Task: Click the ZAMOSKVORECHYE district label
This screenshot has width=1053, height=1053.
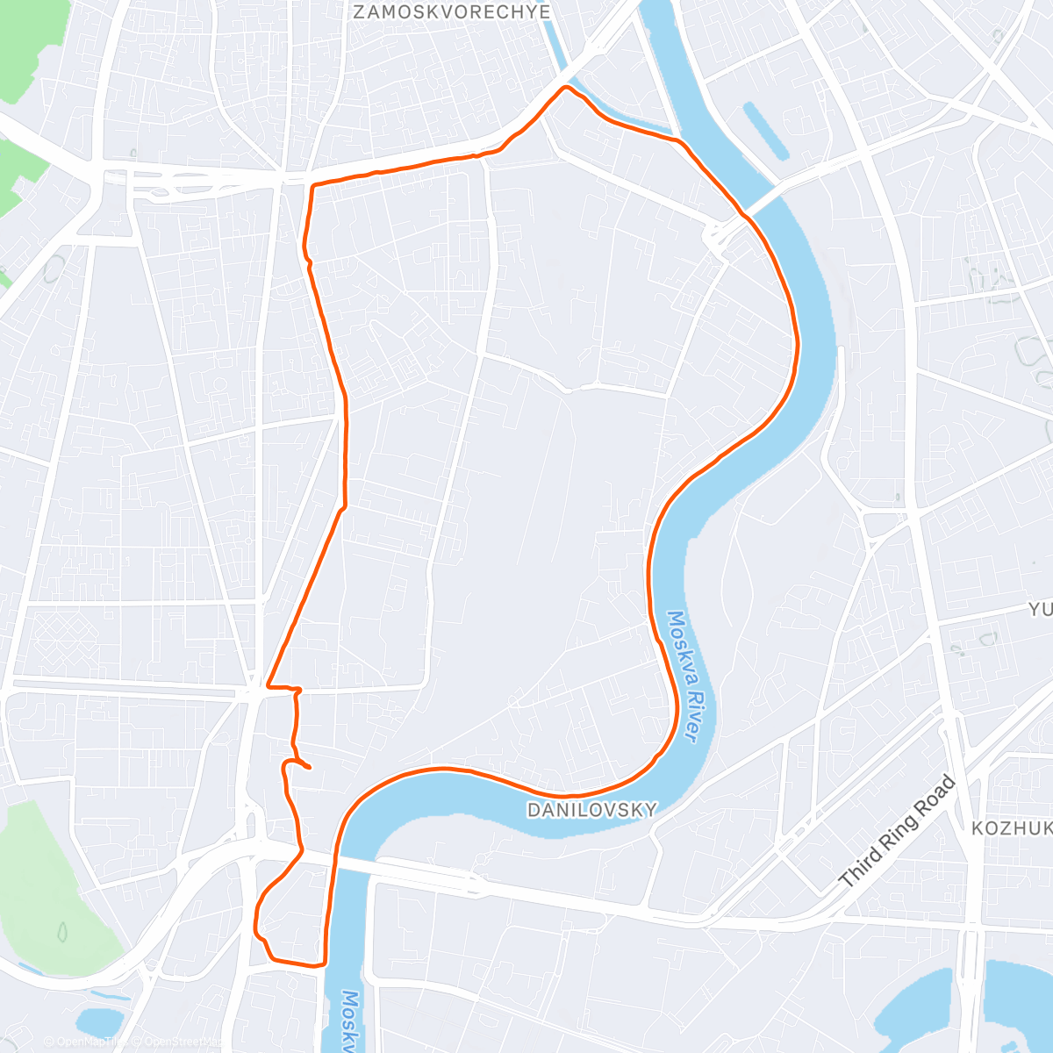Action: click(451, 12)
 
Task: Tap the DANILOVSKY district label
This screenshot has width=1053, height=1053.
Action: click(591, 810)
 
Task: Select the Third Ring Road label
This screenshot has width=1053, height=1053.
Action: click(896, 830)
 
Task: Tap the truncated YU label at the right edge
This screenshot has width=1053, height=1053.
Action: click(1040, 609)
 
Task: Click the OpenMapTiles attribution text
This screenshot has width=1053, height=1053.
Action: click(92, 1042)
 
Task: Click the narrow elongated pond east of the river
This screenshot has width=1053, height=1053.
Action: click(763, 131)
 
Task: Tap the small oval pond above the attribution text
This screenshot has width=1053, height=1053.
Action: click(97, 1021)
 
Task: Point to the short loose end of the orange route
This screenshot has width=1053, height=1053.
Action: click(306, 767)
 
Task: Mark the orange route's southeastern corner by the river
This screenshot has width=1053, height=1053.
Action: click(323, 962)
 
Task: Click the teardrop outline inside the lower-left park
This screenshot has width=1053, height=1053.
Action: click(63, 930)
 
